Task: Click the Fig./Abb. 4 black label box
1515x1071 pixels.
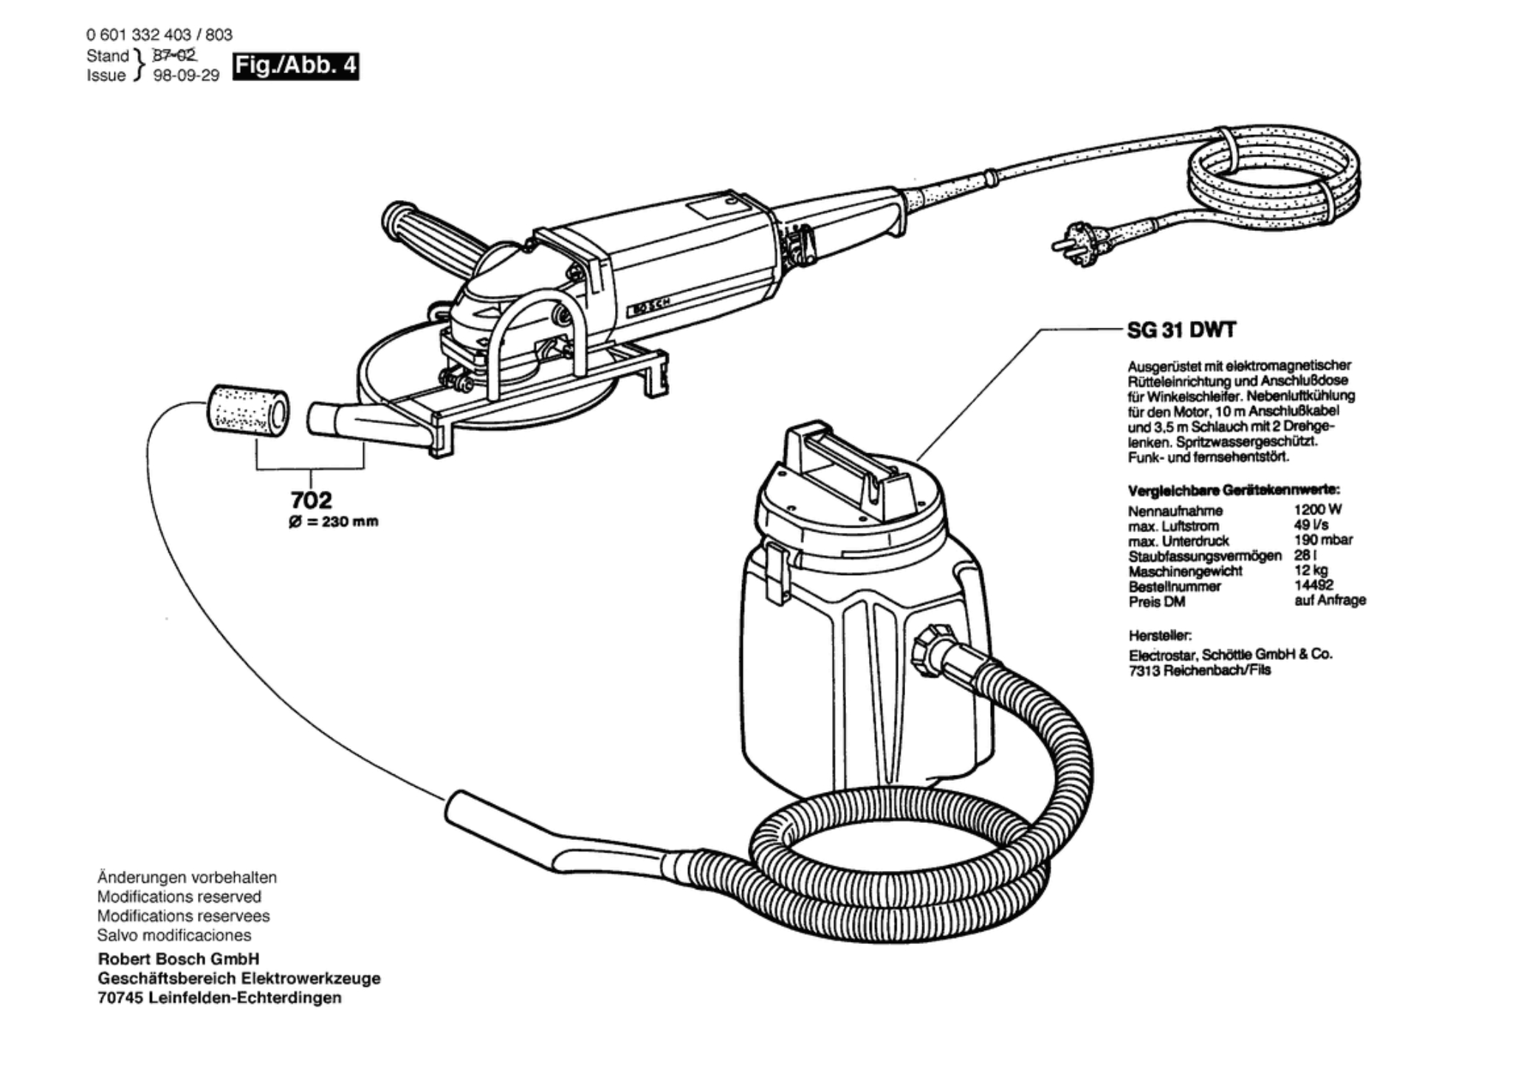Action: click(x=295, y=66)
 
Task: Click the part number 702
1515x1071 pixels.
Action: click(x=311, y=500)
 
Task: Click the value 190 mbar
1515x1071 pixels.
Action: click(x=1323, y=540)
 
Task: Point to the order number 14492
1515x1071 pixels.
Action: click(x=1313, y=585)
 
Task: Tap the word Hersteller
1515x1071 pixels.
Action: click(x=1160, y=635)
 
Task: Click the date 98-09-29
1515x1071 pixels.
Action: click(x=186, y=75)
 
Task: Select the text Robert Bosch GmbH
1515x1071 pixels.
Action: click(x=179, y=959)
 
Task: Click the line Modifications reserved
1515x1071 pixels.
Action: click(x=179, y=897)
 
